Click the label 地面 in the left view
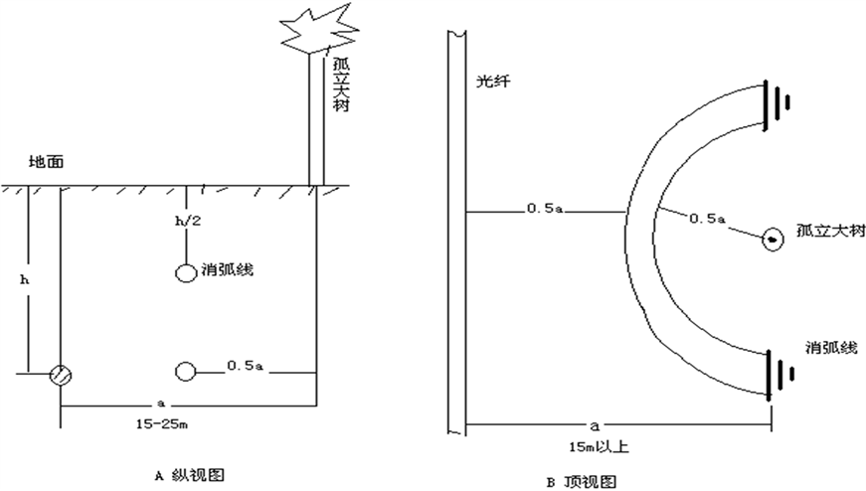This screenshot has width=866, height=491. tap(48, 161)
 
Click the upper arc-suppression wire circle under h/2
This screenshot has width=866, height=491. tap(185, 272)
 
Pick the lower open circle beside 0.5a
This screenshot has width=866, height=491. tap(185, 372)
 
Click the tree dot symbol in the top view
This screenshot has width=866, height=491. tap(771, 239)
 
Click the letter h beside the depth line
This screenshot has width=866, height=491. tap(25, 279)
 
